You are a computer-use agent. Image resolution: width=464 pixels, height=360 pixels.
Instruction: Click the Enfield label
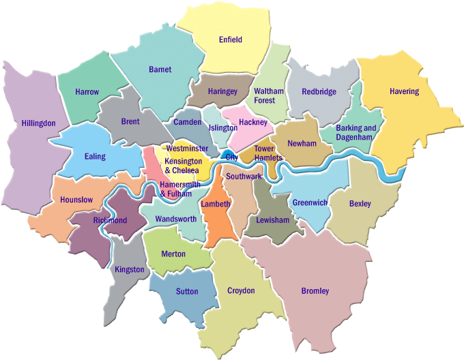coord(231,40)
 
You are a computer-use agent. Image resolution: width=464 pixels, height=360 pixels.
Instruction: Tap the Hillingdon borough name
coord(38,123)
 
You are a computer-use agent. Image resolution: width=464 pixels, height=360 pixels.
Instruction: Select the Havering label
coord(404,91)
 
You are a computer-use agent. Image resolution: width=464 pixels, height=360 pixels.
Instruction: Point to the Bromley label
coord(315,291)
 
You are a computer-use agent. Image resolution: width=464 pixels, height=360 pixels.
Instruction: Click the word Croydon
coord(240,290)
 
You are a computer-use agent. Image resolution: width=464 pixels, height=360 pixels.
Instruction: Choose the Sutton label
coord(187,291)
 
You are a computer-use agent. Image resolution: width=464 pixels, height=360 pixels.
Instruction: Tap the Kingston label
coord(130,269)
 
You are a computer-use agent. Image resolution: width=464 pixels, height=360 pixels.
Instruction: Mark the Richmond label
coord(110,221)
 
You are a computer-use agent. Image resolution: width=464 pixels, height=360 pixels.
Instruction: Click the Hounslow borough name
coord(76,200)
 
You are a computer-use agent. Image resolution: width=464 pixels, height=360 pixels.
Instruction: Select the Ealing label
coord(95,156)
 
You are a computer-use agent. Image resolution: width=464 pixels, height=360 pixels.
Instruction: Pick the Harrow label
coord(87,92)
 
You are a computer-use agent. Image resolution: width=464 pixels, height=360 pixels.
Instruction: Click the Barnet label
coord(160,70)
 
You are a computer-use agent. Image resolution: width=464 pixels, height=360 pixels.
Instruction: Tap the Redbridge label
coord(319,91)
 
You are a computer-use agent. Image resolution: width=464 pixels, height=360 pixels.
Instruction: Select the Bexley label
coord(360,204)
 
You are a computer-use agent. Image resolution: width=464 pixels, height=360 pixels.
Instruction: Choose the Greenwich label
coord(310,202)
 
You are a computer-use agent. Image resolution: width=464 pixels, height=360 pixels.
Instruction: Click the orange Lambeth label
coord(215,204)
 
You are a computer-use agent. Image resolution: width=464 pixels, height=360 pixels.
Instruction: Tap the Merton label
coord(173,254)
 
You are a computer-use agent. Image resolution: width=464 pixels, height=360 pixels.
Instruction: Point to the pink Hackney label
coord(253,123)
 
